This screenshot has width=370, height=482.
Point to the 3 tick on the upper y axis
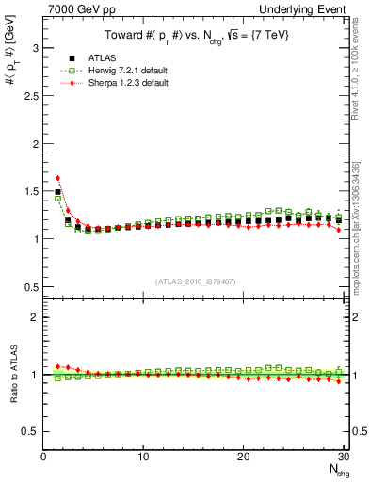point(33,46)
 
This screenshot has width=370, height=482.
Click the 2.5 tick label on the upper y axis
point(28,94)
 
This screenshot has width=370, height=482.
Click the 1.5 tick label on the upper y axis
point(28,190)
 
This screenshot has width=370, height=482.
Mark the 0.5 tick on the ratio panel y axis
point(28,431)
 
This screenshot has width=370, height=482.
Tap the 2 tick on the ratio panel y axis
point(33,317)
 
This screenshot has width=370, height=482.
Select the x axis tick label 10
point(143,457)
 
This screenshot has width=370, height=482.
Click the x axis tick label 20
point(243,457)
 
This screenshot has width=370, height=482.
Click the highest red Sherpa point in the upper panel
point(57,177)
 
